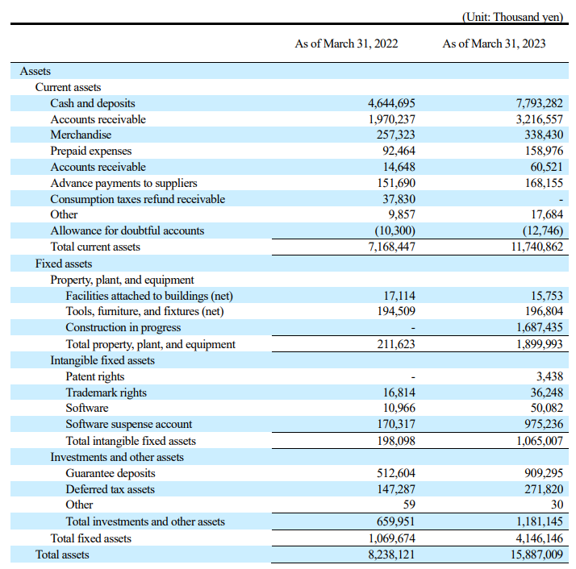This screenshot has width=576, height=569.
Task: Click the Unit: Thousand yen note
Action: point(512,17)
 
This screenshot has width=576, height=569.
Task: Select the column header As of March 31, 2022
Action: point(346,44)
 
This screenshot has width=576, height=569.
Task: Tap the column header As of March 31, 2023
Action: point(494,44)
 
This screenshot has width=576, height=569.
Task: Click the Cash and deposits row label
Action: point(93,103)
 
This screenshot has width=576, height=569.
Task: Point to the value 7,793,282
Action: point(539,103)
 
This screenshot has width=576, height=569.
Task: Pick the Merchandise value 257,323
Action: point(395,135)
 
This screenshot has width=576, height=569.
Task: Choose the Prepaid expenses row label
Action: point(90,151)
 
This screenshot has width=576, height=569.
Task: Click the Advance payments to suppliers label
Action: point(123,183)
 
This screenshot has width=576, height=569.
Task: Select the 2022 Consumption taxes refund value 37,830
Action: point(399,199)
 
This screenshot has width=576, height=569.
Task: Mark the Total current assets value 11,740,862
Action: point(537,247)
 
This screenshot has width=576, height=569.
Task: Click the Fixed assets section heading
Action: point(64,264)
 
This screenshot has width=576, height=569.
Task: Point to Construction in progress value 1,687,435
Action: point(539,327)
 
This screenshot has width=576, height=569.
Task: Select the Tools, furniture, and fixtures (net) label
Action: point(144,311)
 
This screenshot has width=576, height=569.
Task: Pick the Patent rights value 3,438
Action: point(549,376)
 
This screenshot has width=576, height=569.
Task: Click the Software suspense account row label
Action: point(128,424)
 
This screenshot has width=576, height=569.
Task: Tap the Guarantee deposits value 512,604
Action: point(396,473)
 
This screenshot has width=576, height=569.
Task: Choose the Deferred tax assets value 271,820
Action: point(544,489)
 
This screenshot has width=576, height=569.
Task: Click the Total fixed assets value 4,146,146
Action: point(539,538)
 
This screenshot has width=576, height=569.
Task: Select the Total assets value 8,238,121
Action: point(391,554)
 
